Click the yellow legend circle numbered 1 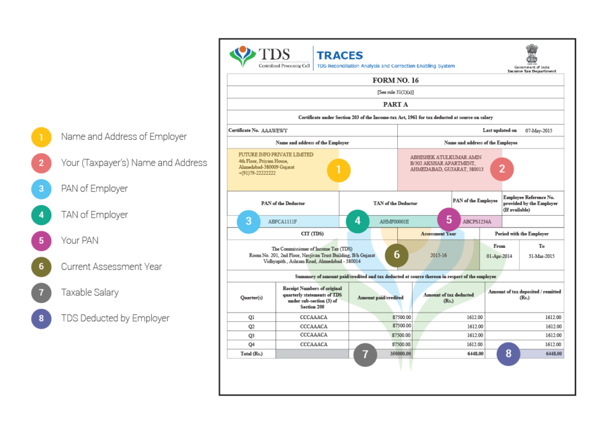[x=41, y=137]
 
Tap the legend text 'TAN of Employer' [x=94, y=215]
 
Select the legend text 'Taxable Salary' [x=90, y=292]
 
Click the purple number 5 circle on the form [x=449, y=219]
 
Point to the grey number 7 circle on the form [x=365, y=354]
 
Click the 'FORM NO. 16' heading [x=395, y=80]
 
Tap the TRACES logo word [x=340, y=55]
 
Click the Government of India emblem [x=532, y=54]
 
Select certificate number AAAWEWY [x=274, y=131]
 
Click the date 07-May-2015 [x=538, y=131]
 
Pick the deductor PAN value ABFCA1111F [x=283, y=222]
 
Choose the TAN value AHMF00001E [x=394, y=222]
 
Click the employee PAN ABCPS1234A [x=477, y=222]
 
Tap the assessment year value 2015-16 [x=438, y=256]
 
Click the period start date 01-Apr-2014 [x=499, y=256]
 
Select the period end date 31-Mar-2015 [x=541, y=256]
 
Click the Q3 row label [x=251, y=336]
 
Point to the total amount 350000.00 [x=400, y=353]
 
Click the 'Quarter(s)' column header [x=251, y=298]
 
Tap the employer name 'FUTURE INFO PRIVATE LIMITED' [x=276, y=155]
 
